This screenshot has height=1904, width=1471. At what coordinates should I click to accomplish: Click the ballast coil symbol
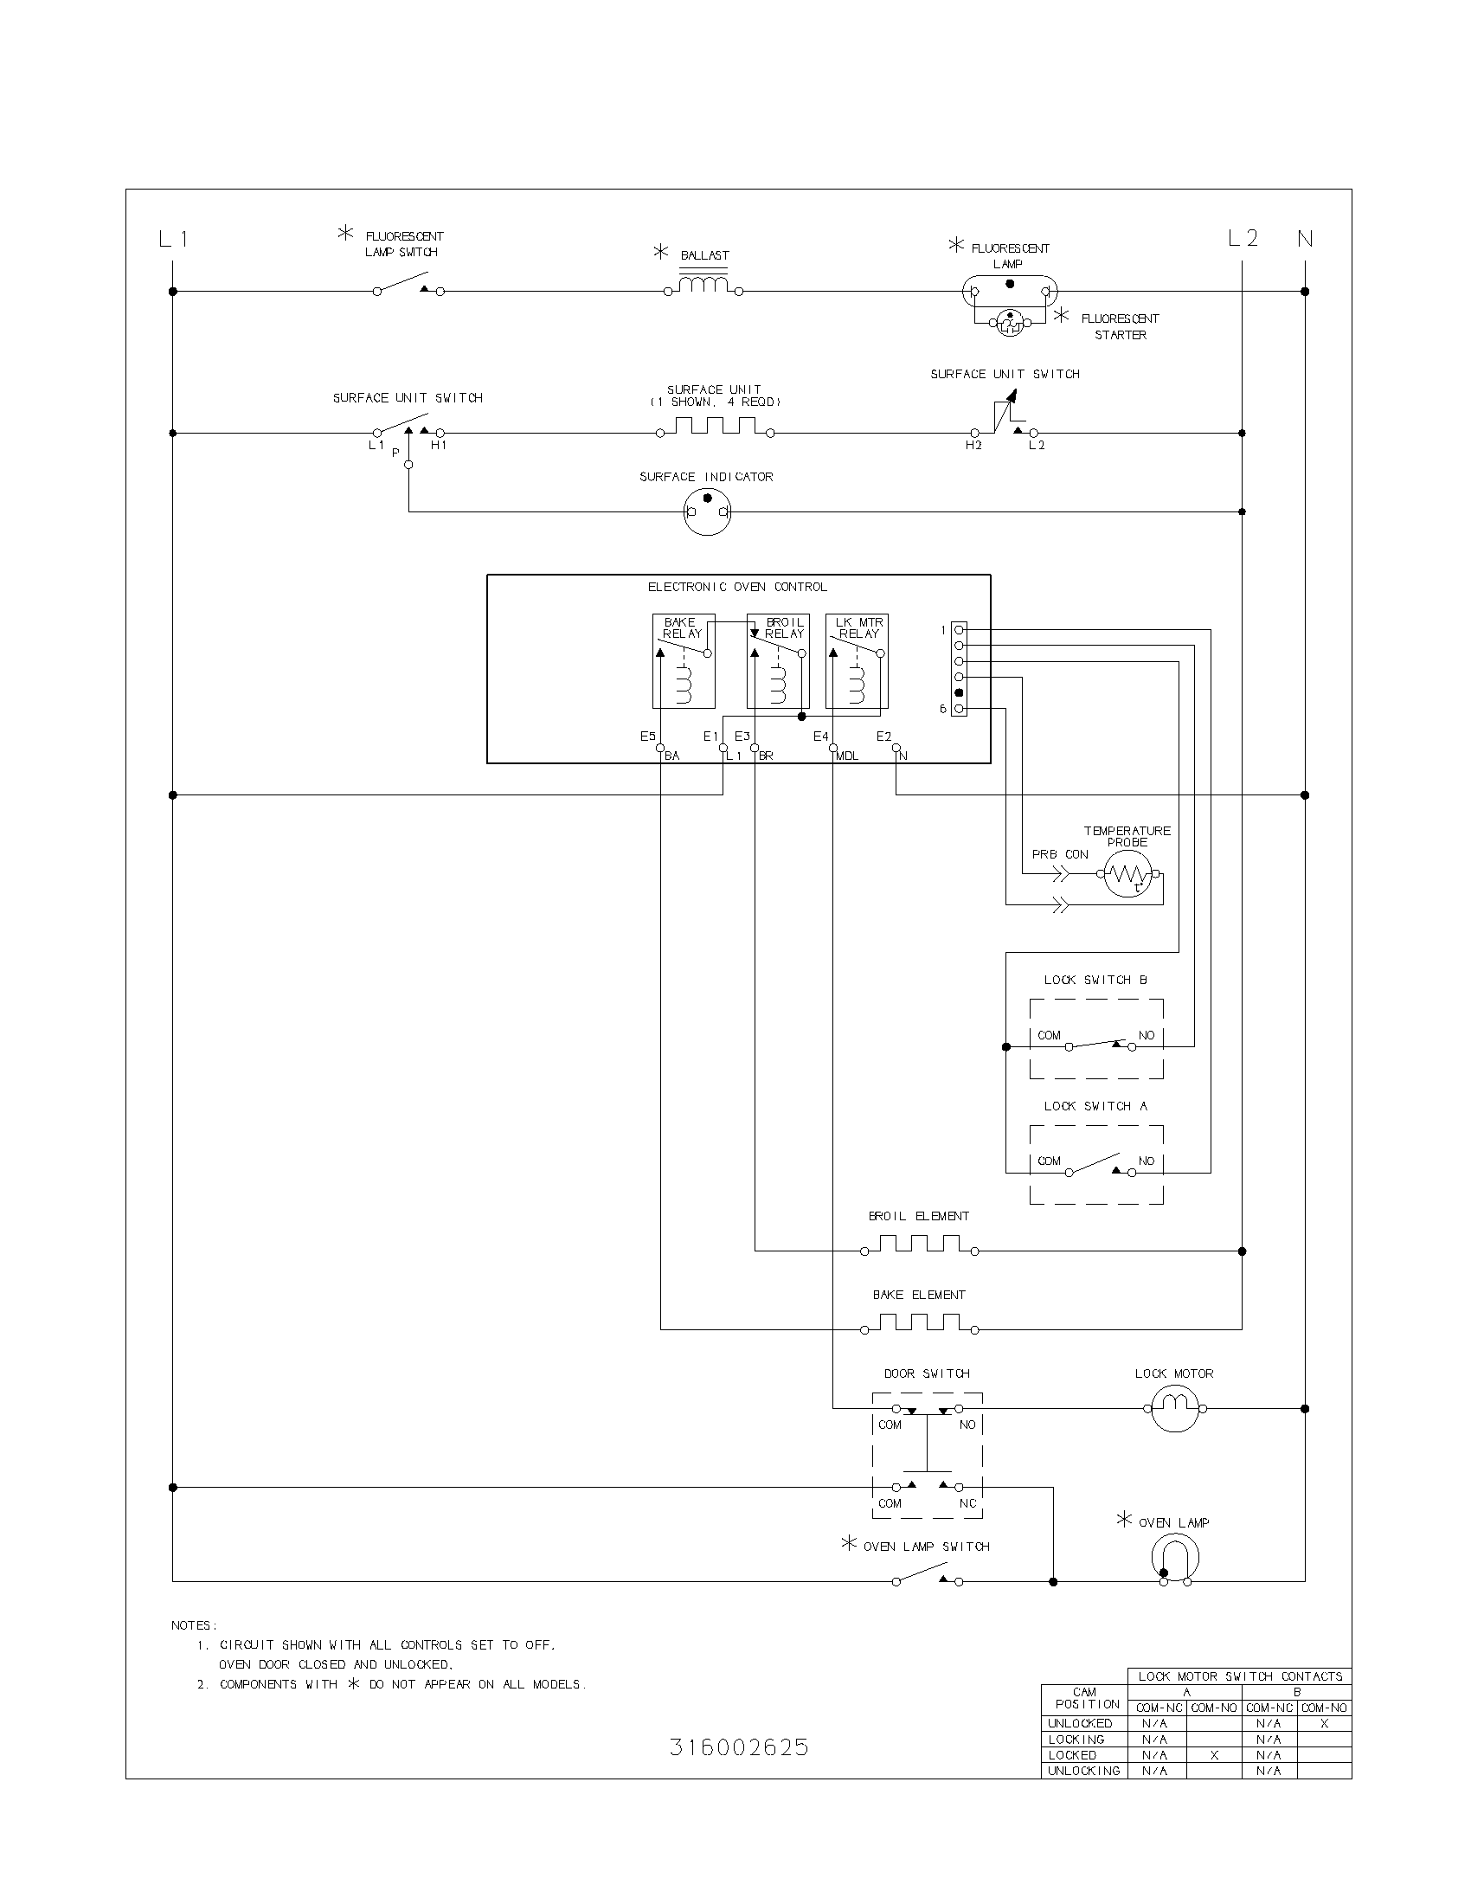coord(703,285)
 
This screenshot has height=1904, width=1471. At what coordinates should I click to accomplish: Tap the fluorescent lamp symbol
coord(1009,290)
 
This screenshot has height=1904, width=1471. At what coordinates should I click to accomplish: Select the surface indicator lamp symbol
coord(707,511)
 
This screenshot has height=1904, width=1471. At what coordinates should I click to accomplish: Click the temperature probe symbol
coord(1127,873)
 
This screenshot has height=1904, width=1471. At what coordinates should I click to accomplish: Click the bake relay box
coord(684,661)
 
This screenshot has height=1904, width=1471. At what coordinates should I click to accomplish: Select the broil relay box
coord(778,661)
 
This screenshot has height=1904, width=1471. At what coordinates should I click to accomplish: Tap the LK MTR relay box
coord(857,661)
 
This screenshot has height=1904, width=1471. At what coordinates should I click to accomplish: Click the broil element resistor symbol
coord(919,1245)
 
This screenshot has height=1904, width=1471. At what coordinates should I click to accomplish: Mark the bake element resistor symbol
coord(919,1323)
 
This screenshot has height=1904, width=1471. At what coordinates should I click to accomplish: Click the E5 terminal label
coord(648,737)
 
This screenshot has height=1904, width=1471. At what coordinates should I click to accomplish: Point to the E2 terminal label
coord(884,737)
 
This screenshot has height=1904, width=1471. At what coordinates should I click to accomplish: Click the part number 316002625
coord(739,1747)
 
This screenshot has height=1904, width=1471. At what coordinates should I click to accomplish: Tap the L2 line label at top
coord(1243,238)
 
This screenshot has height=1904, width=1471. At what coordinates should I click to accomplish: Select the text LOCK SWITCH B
coord(1095,980)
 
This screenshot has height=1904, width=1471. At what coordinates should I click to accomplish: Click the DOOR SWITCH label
coord(927,1373)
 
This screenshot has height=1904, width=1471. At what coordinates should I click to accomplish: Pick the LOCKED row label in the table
coord(1073,1755)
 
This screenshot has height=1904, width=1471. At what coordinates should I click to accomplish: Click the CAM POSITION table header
coord(1085,1698)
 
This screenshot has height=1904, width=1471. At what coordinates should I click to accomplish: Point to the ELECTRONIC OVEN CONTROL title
coord(737,587)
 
